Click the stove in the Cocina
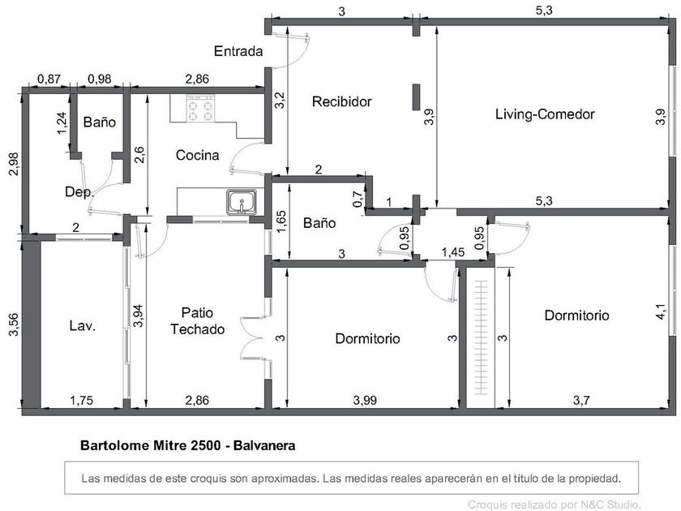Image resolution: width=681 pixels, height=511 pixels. [x=201, y=108]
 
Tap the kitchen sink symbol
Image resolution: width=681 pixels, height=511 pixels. [x=242, y=202]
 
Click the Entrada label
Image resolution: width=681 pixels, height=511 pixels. [x=238, y=51]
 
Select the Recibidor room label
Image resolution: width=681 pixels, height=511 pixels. [x=342, y=101]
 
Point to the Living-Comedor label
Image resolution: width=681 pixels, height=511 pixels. [x=545, y=114]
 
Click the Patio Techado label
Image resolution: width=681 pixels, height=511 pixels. [x=197, y=320]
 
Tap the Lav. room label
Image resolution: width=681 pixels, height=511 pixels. [x=82, y=325]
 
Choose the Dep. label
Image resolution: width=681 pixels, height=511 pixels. [x=79, y=191]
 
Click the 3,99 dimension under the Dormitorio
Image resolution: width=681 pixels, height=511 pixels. [x=365, y=400]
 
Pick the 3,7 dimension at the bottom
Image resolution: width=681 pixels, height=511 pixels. [x=581, y=400]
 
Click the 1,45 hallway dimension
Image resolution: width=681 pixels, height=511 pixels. [x=453, y=252]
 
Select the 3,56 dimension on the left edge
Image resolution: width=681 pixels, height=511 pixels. [x=15, y=324]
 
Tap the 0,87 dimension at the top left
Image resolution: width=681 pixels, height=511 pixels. [x=49, y=79]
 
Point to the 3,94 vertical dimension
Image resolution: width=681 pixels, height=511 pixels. [x=138, y=316]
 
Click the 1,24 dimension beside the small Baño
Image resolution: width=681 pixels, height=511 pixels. [x=62, y=123]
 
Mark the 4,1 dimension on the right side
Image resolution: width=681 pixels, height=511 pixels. [x=661, y=311]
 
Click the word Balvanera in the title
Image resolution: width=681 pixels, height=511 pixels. [x=264, y=445]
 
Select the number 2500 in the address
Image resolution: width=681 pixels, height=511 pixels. [x=206, y=445]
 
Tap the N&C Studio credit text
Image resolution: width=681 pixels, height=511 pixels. [x=555, y=505]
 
